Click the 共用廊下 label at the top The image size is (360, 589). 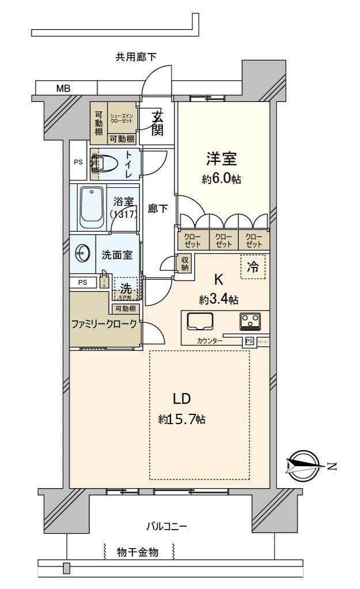pyautogui.click(x=136, y=56)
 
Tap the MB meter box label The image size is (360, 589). pyautogui.click(x=63, y=89)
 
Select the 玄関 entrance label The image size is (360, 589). pyautogui.click(x=157, y=122)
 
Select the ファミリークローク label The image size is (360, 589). pyautogui.click(x=104, y=324)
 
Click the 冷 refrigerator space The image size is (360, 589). pyautogui.click(x=253, y=267)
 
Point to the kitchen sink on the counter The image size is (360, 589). pyautogui.click(x=200, y=321)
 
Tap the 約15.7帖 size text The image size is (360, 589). pyautogui.click(x=182, y=420)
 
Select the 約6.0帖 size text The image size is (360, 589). pyautogui.click(x=221, y=180)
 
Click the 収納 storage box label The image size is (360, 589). pyautogui.click(x=184, y=263)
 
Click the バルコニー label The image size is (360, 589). pyautogui.click(x=166, y=526)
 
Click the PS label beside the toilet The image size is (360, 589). pyautogui.click(x=78, y=162)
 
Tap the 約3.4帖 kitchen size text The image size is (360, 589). pyautogui.click(x=219, y=299)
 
